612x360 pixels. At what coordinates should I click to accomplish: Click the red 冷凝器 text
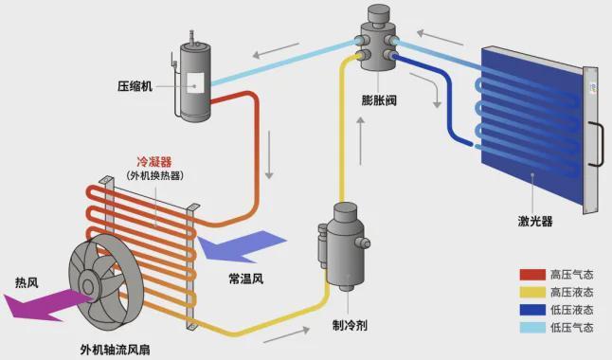coord(153,160)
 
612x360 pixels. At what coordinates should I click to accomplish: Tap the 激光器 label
coord(535,221)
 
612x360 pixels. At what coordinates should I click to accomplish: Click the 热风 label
coord(27,282)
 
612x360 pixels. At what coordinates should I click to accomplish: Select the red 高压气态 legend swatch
coord(531,275)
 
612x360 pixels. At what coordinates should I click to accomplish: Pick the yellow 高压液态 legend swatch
coord(531,293)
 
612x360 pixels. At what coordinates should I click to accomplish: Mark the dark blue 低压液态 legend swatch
coord(531,311)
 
